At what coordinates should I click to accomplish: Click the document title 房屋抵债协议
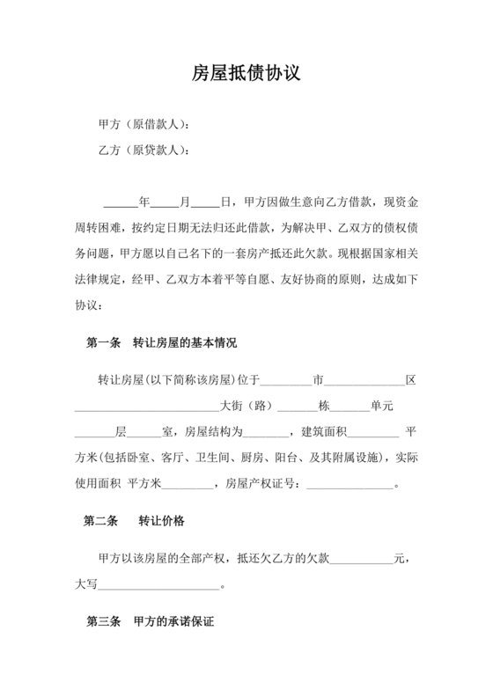246,74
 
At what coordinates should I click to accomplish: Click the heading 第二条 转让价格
134,521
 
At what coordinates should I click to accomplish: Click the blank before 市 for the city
288,381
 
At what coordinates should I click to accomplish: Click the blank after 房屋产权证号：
349,483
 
